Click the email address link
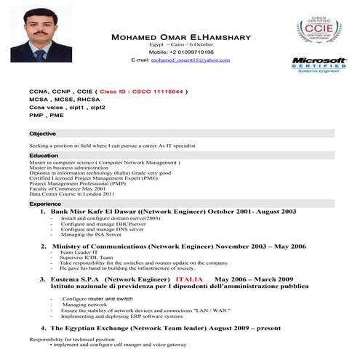click(x=190, y=60)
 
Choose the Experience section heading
click(x=45, y=204)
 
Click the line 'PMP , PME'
click(x=47, y=116)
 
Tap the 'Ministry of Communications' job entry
click(x=109, y=247)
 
